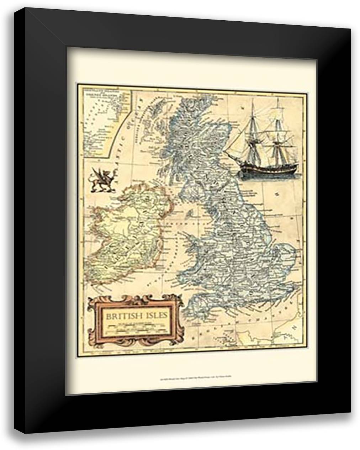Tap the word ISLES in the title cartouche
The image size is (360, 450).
(154, 315)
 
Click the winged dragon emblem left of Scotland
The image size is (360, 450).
(100, 180)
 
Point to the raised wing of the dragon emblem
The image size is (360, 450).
(97, 173)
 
